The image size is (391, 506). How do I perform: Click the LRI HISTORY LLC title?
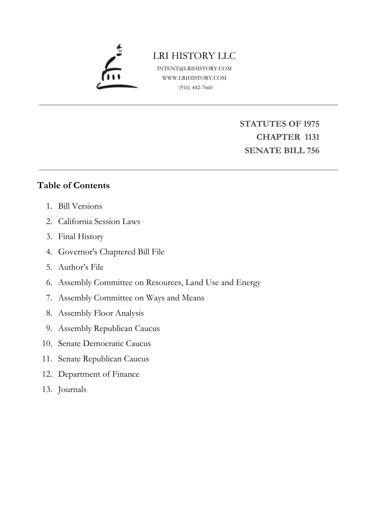[194, 56]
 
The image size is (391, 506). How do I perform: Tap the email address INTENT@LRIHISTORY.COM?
[194, 68]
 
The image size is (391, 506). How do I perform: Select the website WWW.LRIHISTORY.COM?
[194, 78]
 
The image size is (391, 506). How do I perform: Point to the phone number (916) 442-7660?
[196, 87]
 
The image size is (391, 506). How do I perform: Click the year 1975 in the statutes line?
[311, 124]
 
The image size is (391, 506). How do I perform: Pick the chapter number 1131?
[312, 137]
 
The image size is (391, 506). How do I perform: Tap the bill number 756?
[313, 150]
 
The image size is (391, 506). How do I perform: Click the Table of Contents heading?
[73, 185]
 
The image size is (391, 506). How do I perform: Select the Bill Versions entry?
[80, 206]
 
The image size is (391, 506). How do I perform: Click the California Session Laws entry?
[99, 221]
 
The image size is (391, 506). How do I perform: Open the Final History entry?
[81, 237]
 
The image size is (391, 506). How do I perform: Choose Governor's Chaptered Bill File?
[111, 252]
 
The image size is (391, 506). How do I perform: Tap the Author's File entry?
[81, 267]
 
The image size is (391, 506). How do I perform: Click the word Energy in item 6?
[248, 283]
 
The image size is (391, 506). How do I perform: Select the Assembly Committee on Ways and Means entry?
[131, 298]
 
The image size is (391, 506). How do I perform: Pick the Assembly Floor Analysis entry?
[101, 313]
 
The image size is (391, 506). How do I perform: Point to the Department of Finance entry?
[99, 374]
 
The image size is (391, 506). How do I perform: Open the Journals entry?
[72, 390]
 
